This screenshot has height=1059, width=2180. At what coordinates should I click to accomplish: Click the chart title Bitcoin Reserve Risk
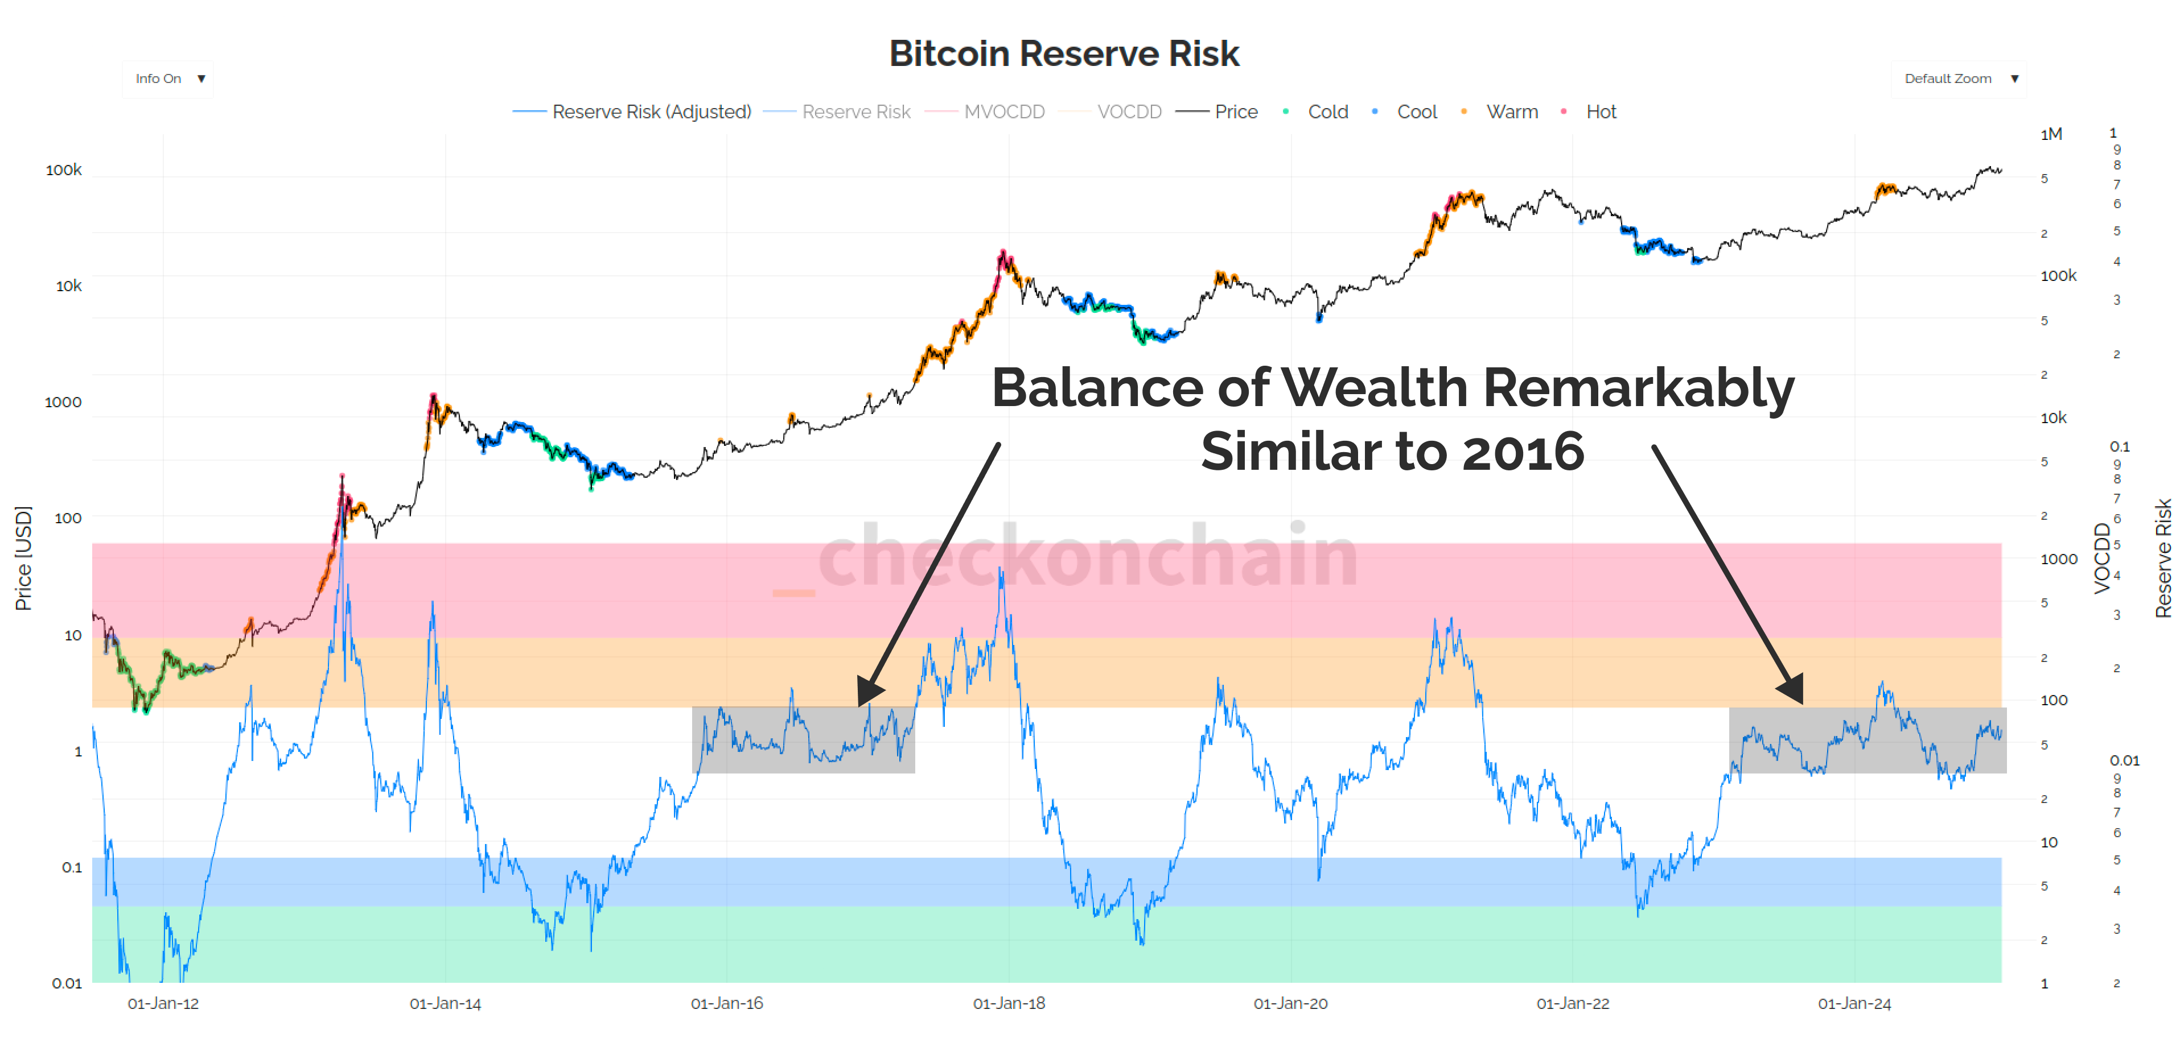(1064, 53)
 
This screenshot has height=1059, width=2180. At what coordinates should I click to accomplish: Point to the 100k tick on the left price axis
(64, 170)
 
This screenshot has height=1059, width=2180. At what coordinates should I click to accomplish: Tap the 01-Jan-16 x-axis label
(726, 1004)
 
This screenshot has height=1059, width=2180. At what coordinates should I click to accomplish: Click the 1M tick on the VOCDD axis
(2051, 134)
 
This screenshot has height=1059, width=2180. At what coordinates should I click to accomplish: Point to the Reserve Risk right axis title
(2162, 559)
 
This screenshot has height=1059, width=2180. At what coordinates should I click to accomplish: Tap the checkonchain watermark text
(1088, 556)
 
